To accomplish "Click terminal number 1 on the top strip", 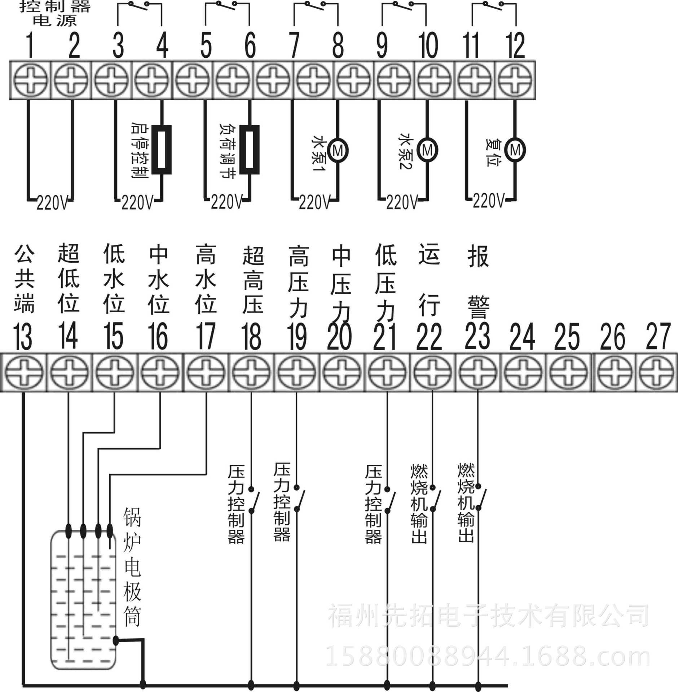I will click(x=30, y=45).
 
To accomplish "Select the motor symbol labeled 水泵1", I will click(x=338, y=150).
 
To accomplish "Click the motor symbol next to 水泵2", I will click(x=427, y=149).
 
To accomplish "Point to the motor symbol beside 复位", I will click(x=515, y=149).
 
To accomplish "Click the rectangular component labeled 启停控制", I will click(x=161, y=150).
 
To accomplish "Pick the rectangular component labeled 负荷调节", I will click(x=250, y=150).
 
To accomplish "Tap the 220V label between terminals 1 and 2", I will click(x=52, y=203).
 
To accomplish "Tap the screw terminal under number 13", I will click(x=24, y=372).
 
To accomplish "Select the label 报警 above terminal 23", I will click(x=478, y=281).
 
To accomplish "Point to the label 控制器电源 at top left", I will click(x=55, y=13).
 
